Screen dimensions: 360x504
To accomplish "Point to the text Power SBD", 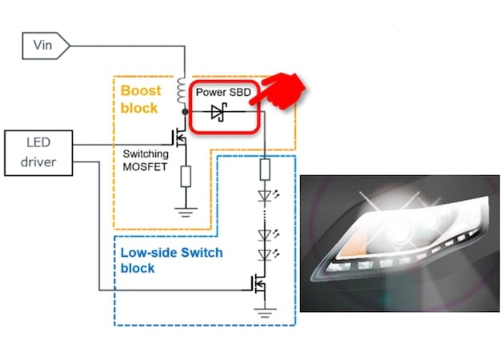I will point(223,93).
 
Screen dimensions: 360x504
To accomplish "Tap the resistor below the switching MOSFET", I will point(186,176).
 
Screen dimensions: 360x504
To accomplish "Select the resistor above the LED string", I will point(265,169).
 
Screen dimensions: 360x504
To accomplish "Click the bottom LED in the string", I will point(265,254).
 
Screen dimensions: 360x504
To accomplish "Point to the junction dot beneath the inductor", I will point(185,114).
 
